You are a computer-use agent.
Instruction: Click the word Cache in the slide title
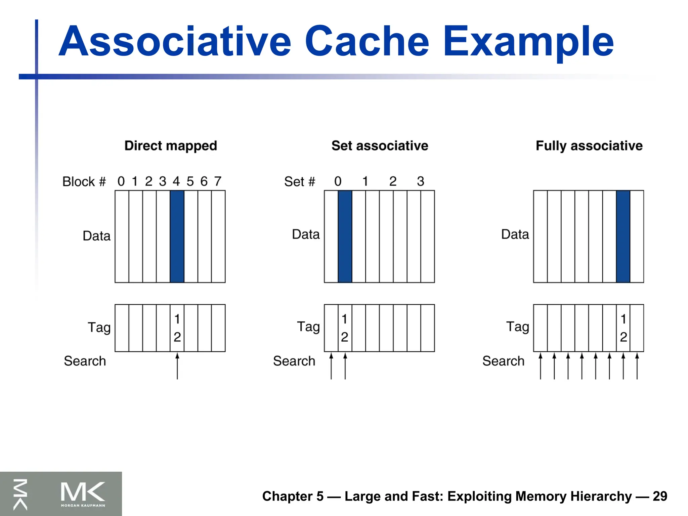[367, 42]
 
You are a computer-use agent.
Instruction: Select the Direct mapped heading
[171, 146]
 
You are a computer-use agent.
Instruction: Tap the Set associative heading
[380, 146]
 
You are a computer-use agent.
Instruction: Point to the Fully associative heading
[589, 146]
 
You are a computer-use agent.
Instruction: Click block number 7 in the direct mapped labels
[218, 181]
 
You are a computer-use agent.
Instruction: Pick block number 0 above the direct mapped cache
[121, 181]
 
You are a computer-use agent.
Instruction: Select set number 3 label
[421, 181]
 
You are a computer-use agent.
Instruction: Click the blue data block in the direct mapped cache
[177, 236]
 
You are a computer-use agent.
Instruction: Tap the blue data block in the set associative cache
[345, 236]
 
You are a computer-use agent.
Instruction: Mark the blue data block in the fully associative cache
[623, 236]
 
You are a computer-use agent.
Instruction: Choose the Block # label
[84, 182]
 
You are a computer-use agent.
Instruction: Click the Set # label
[300, 182]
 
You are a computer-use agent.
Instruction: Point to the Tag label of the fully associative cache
[517, 327]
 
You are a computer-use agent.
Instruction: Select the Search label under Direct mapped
[85, 361]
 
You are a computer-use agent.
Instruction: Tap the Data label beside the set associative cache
[306, 234]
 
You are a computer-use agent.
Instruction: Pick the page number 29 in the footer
[660, 496]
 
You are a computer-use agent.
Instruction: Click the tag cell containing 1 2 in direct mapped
[177, 328]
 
